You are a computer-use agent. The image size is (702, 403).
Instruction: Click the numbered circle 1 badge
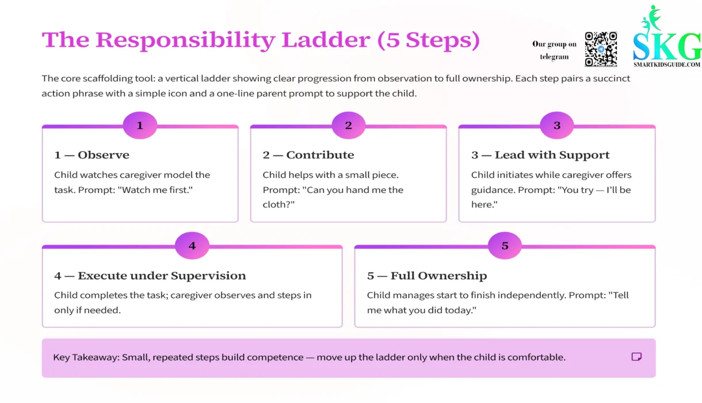(140, 126)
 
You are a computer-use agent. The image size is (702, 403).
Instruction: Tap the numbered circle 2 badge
(348, 126)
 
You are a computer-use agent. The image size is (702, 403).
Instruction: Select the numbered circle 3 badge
(556, 126)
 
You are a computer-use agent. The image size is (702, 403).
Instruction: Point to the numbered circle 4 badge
(192, 246)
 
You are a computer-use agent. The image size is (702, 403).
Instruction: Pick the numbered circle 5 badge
(505, 246)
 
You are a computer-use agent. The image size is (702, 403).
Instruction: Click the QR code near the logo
(601, 49)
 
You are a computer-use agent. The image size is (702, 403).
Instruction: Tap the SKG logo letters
(667, 46)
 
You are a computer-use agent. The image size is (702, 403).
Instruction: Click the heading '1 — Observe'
(91, 155)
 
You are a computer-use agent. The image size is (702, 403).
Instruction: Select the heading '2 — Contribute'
(308, 155)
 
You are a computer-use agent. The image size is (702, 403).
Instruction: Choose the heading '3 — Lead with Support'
(540, 155)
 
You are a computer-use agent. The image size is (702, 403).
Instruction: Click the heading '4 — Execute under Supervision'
(150, 276)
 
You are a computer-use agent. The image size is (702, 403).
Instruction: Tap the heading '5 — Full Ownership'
(426, 276)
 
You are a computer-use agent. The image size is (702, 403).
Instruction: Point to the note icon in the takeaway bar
(636, 357)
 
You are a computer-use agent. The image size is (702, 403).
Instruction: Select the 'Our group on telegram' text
(554, 50)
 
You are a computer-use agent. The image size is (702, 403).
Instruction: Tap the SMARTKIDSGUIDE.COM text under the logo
(667, 64)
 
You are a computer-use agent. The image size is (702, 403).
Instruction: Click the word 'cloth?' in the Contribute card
(278, 204)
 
